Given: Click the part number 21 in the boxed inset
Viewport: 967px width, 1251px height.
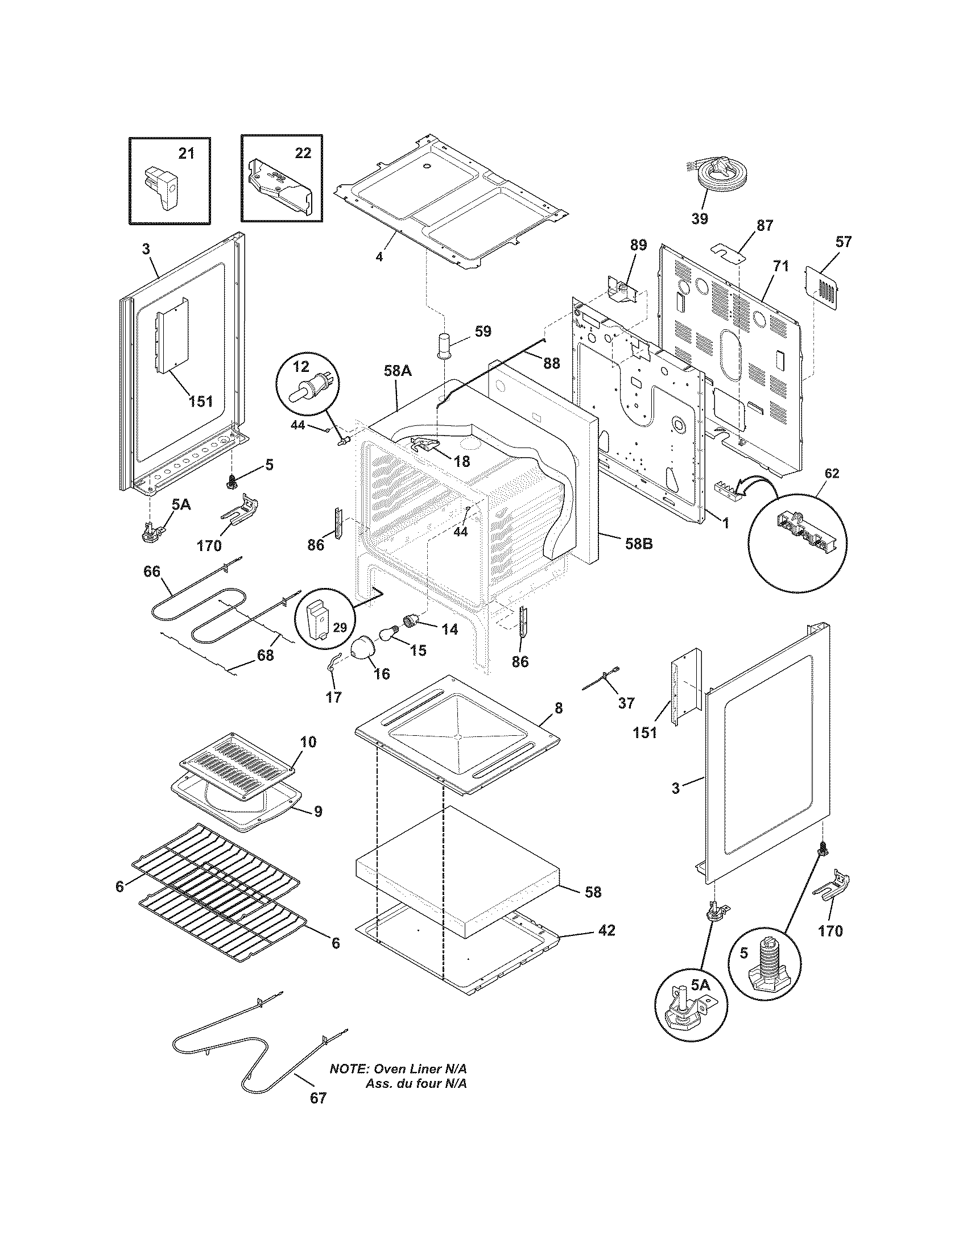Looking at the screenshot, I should (x=186, y=154).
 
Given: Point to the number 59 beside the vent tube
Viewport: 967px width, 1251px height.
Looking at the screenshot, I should (x=483, y=332).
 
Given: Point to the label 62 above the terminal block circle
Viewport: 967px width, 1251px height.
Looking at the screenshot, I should (x=831, y=473).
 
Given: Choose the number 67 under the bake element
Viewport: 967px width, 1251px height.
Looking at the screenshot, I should (x=318, y=1098).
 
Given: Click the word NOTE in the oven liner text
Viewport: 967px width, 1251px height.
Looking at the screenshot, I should (x=348, y=1069).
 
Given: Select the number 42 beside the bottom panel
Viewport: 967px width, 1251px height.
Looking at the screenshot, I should (x=606, y=931).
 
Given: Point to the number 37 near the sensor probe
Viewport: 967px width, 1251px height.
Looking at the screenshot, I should (x=626, y=703).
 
